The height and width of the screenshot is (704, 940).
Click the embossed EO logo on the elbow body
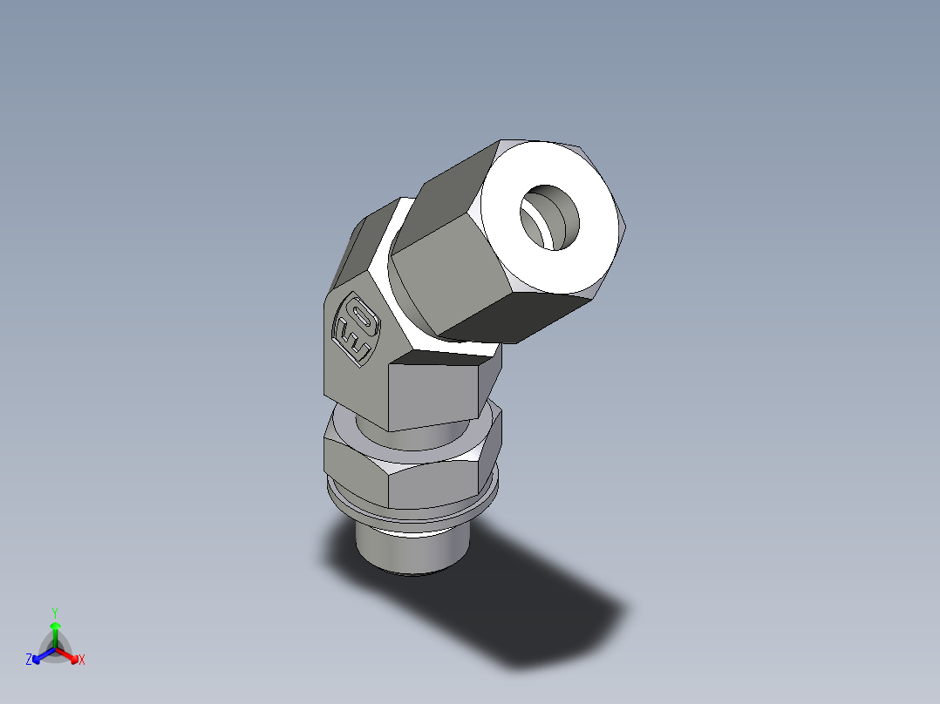(357, 330)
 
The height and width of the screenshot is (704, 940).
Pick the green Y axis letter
(54, 613)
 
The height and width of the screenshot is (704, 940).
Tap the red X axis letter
(81, 660)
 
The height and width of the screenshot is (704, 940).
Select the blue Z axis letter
(29, 660)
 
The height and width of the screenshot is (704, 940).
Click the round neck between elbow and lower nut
(419, 436)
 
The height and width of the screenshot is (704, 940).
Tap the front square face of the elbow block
(436, 392)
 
